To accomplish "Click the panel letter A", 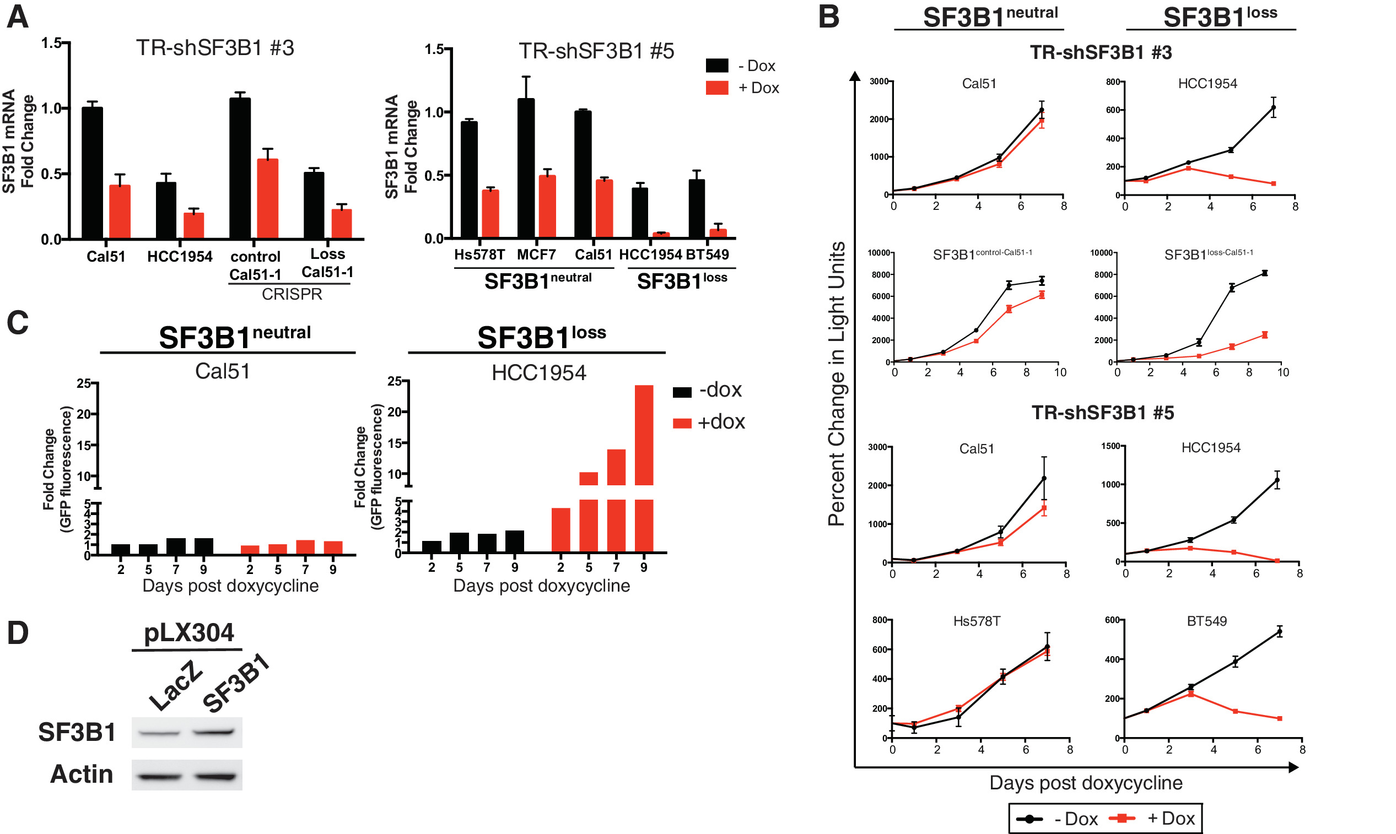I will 18,17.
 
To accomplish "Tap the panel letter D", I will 18,633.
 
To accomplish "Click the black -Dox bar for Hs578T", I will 469,179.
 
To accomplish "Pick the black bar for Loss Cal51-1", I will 314,205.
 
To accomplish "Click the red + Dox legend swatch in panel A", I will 717,88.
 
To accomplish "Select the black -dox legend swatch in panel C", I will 682,392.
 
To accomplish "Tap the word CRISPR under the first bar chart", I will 292,294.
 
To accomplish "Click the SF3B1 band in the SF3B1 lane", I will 213,732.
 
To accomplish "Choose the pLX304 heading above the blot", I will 188,633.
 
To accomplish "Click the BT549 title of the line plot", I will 1206,621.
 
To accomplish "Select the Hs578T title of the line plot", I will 977,621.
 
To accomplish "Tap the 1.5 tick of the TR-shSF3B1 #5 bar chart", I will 434,50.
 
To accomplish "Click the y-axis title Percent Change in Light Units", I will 837,383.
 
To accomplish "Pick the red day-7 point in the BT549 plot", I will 1280,718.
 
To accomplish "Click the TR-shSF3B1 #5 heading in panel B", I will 1102,413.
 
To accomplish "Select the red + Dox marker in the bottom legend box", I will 1122,818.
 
